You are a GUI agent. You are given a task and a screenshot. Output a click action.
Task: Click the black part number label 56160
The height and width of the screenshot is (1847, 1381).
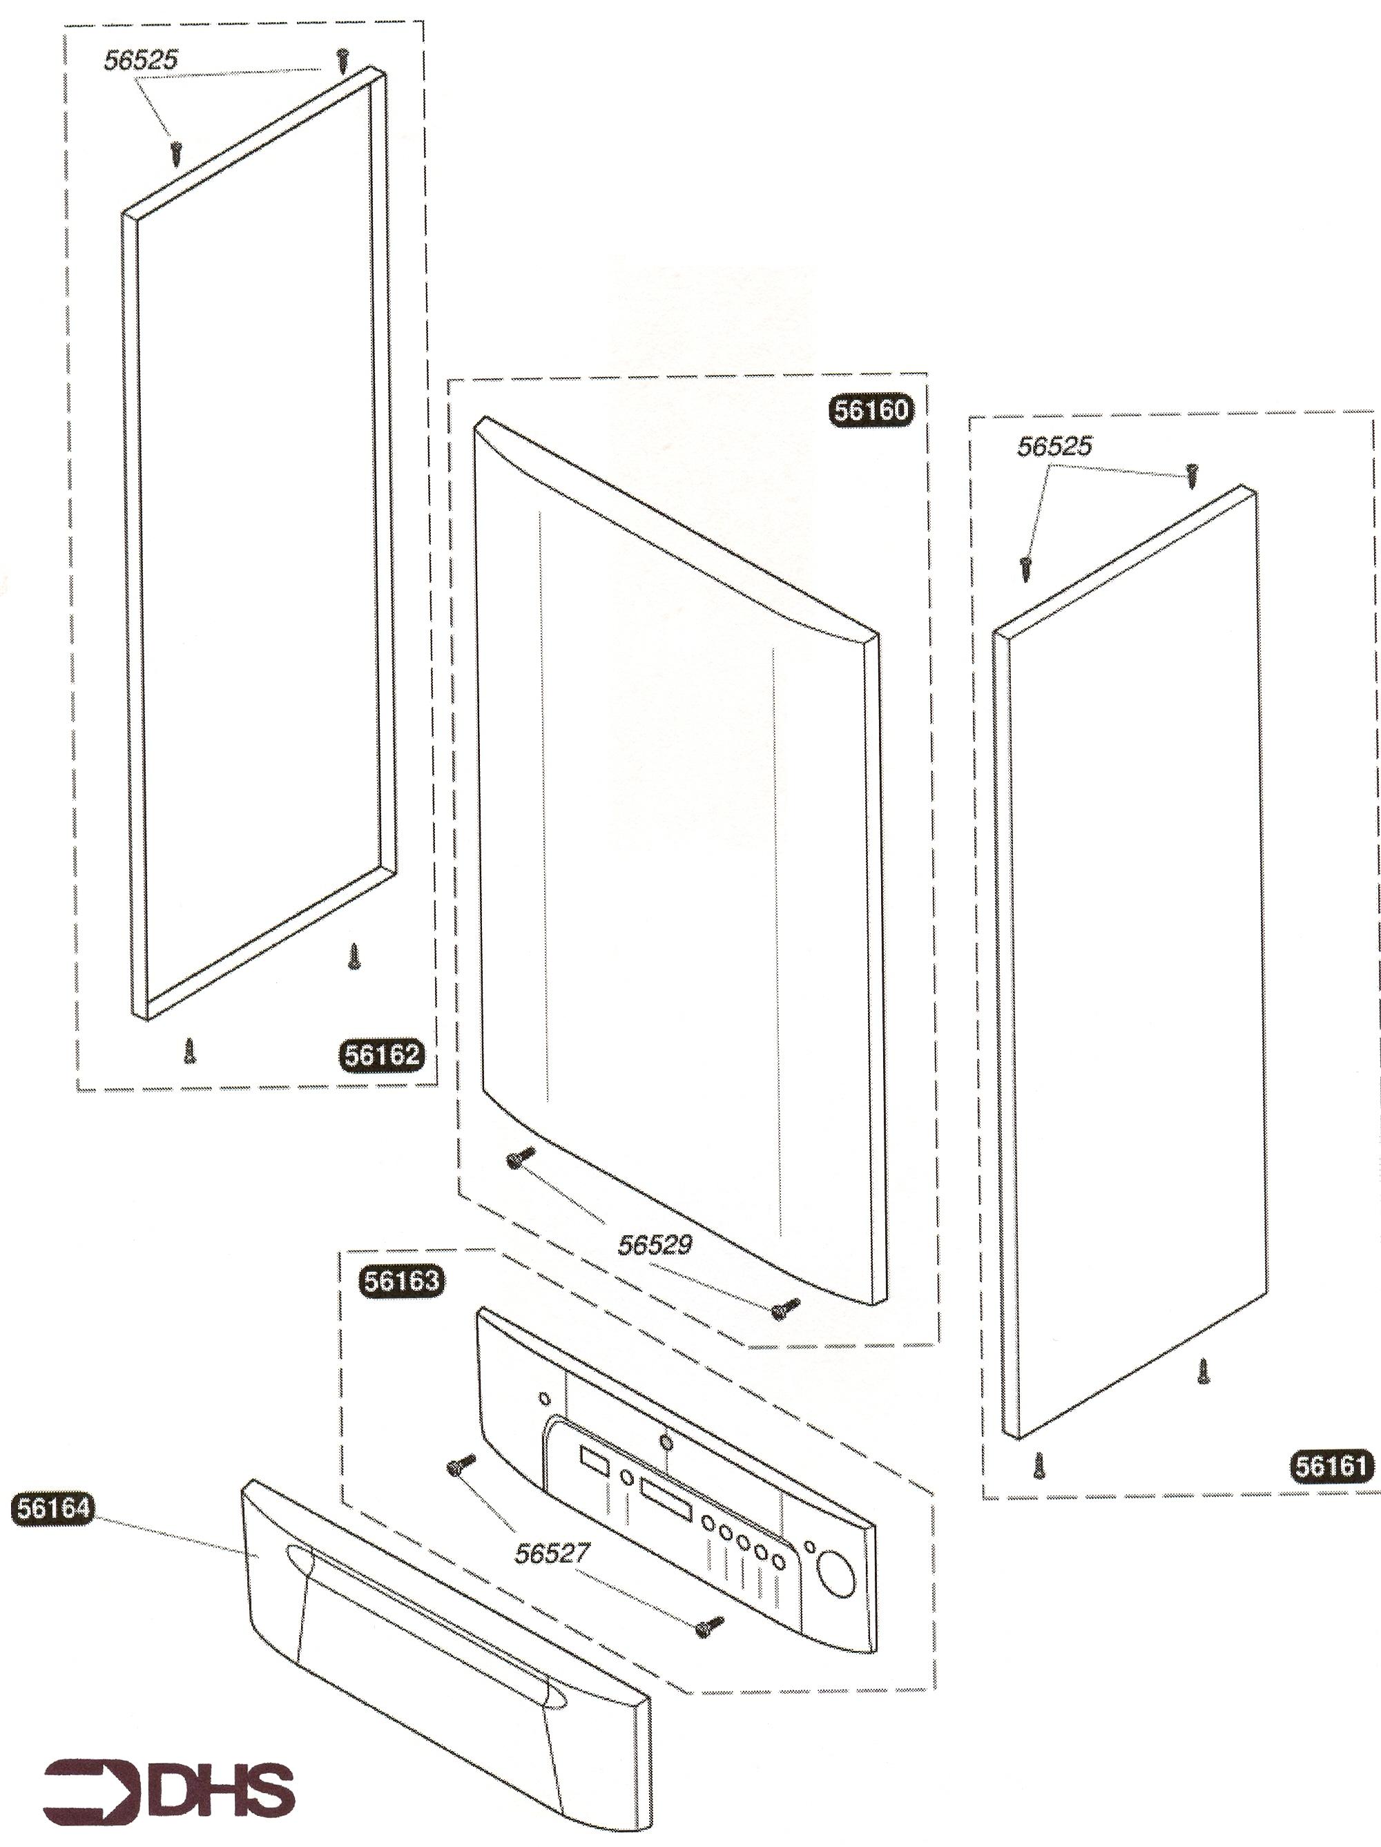871,410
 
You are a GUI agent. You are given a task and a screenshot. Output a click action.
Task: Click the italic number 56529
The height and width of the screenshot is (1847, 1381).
655,1244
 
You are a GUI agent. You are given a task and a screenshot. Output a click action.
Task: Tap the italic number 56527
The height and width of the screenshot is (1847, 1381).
552,1553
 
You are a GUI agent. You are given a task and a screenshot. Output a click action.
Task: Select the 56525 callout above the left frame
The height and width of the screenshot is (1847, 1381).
140,60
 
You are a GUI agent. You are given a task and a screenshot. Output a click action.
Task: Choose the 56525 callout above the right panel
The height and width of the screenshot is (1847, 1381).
1054,447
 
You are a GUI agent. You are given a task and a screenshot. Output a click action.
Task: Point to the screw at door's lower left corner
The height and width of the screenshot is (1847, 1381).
519,1158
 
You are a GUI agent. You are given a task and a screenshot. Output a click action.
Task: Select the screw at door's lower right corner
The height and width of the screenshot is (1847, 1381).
785,1308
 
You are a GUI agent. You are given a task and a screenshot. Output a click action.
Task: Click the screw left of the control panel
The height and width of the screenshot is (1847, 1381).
461,1463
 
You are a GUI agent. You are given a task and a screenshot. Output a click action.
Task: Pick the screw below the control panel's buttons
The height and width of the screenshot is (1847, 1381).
709,1625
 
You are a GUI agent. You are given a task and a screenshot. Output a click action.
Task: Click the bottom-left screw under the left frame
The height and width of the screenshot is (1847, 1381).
189,1050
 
